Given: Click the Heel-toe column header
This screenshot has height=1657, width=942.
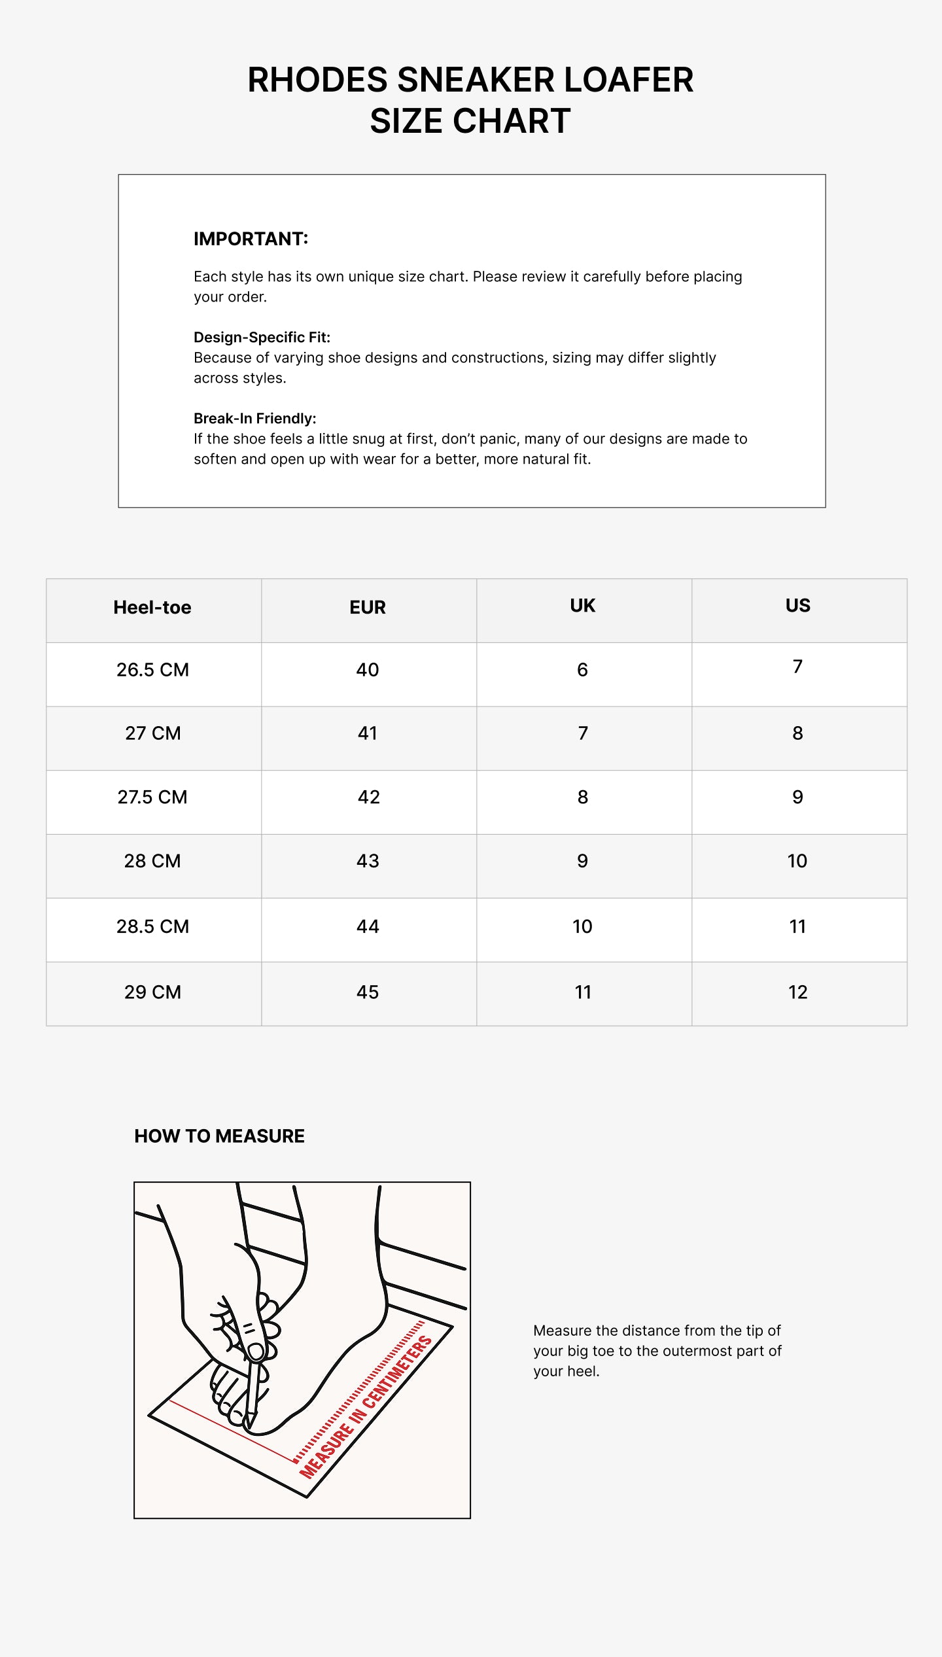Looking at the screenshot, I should (x=152, y=608).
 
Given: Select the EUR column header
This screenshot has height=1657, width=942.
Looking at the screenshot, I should (x=368, y=608).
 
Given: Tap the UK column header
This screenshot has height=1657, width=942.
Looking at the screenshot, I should (x=583, y=606).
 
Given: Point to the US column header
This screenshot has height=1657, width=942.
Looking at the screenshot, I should (x=798, y=606).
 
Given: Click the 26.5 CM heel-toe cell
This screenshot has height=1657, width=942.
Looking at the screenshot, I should (x=152, y=670).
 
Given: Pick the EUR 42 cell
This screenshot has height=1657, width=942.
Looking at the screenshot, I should (x=368, y=797).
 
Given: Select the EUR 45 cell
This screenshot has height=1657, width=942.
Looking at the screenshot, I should (x=368, y=992).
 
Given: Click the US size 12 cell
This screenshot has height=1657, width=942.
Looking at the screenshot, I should (x=798, y=992).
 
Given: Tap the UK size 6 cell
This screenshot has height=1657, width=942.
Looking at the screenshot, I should (x=582, y=670).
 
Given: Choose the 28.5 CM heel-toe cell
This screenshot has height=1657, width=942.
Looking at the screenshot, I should (x=152, y=927).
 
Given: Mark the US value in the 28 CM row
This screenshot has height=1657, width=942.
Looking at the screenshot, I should (x=797, y=862).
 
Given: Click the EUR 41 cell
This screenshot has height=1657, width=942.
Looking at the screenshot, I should (x=368, y=733).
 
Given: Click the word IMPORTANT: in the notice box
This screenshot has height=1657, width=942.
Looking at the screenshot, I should (x=251, y=239).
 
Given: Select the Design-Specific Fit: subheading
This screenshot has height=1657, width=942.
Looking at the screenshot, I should (x=262, y=338).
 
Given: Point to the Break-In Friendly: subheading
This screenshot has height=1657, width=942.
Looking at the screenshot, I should (x=254, y=419).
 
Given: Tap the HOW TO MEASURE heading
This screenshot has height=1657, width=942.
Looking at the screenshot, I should (x=219, y=1136).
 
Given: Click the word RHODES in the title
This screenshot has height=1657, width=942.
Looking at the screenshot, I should (x=317, y=80).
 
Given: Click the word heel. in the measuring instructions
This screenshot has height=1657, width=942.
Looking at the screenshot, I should (x=583, y=1371).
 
